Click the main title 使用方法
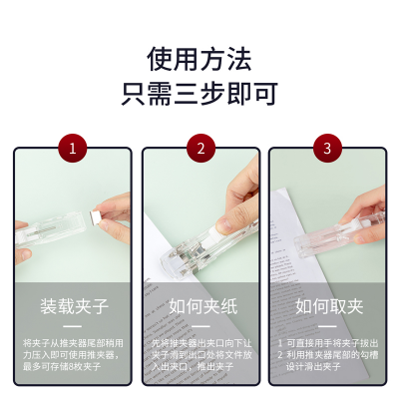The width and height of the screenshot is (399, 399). (199, 57)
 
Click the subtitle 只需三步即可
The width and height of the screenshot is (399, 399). (199, 95)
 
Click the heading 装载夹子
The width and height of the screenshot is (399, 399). (72, 305)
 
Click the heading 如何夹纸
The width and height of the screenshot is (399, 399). (200, 305)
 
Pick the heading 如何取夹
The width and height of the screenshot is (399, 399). (327, 305)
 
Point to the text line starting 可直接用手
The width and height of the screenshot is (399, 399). (331, 342)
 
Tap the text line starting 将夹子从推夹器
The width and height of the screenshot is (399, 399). (72, 342)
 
